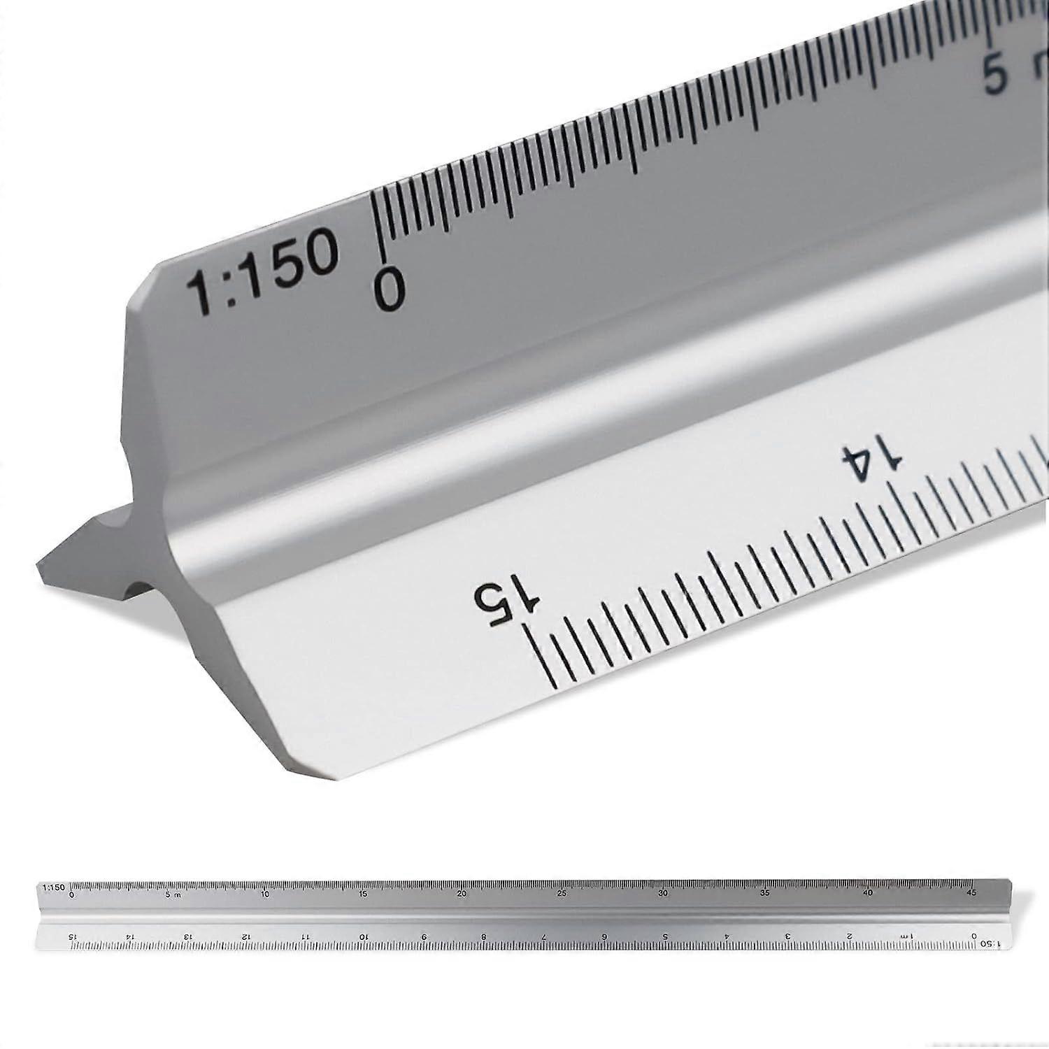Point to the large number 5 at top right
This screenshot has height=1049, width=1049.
click(x=994, y=76)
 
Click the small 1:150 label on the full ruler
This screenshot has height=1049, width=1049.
click(x=53, y=887)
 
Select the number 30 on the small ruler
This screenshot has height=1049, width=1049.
click(x=662, y=893)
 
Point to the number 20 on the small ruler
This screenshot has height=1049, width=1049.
click(x=461, y=893)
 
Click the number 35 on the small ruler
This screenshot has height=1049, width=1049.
click(x=765, y=893)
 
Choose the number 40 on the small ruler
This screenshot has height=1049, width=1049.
click(x=868, y=893)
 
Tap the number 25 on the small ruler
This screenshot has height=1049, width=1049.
click(x=562, y=893)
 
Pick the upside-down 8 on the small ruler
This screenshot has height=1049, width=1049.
click(x=483, y=936)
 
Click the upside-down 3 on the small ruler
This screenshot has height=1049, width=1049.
click(x=788, y=936)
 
